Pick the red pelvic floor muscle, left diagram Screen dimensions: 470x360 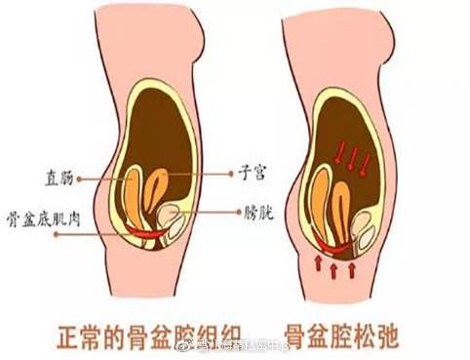tap(146, 234)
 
